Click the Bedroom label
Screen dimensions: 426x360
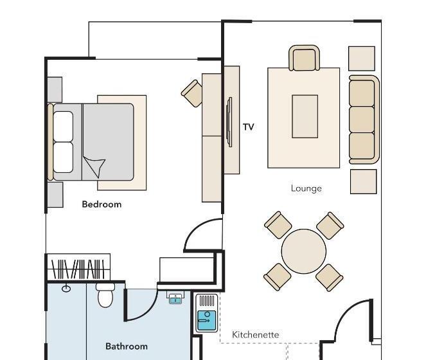102,204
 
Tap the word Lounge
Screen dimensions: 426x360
306,188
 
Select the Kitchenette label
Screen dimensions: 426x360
255,334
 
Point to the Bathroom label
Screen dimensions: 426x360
127,346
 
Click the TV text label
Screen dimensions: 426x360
248,127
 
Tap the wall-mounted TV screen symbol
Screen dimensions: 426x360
229,122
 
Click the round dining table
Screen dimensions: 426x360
304,251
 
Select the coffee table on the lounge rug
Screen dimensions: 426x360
305,116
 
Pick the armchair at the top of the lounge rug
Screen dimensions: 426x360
304,58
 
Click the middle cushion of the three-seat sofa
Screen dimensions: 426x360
362,120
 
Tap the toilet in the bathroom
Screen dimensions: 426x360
105,296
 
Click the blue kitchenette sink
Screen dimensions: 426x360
206,320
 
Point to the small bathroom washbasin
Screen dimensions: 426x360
175,298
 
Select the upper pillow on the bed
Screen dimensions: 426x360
63,127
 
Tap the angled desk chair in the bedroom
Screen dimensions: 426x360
192,93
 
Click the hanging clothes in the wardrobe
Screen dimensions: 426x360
78,269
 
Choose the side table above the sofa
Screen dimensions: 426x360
362,59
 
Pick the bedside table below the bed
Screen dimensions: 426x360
55,195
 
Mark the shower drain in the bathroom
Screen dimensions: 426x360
66,288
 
